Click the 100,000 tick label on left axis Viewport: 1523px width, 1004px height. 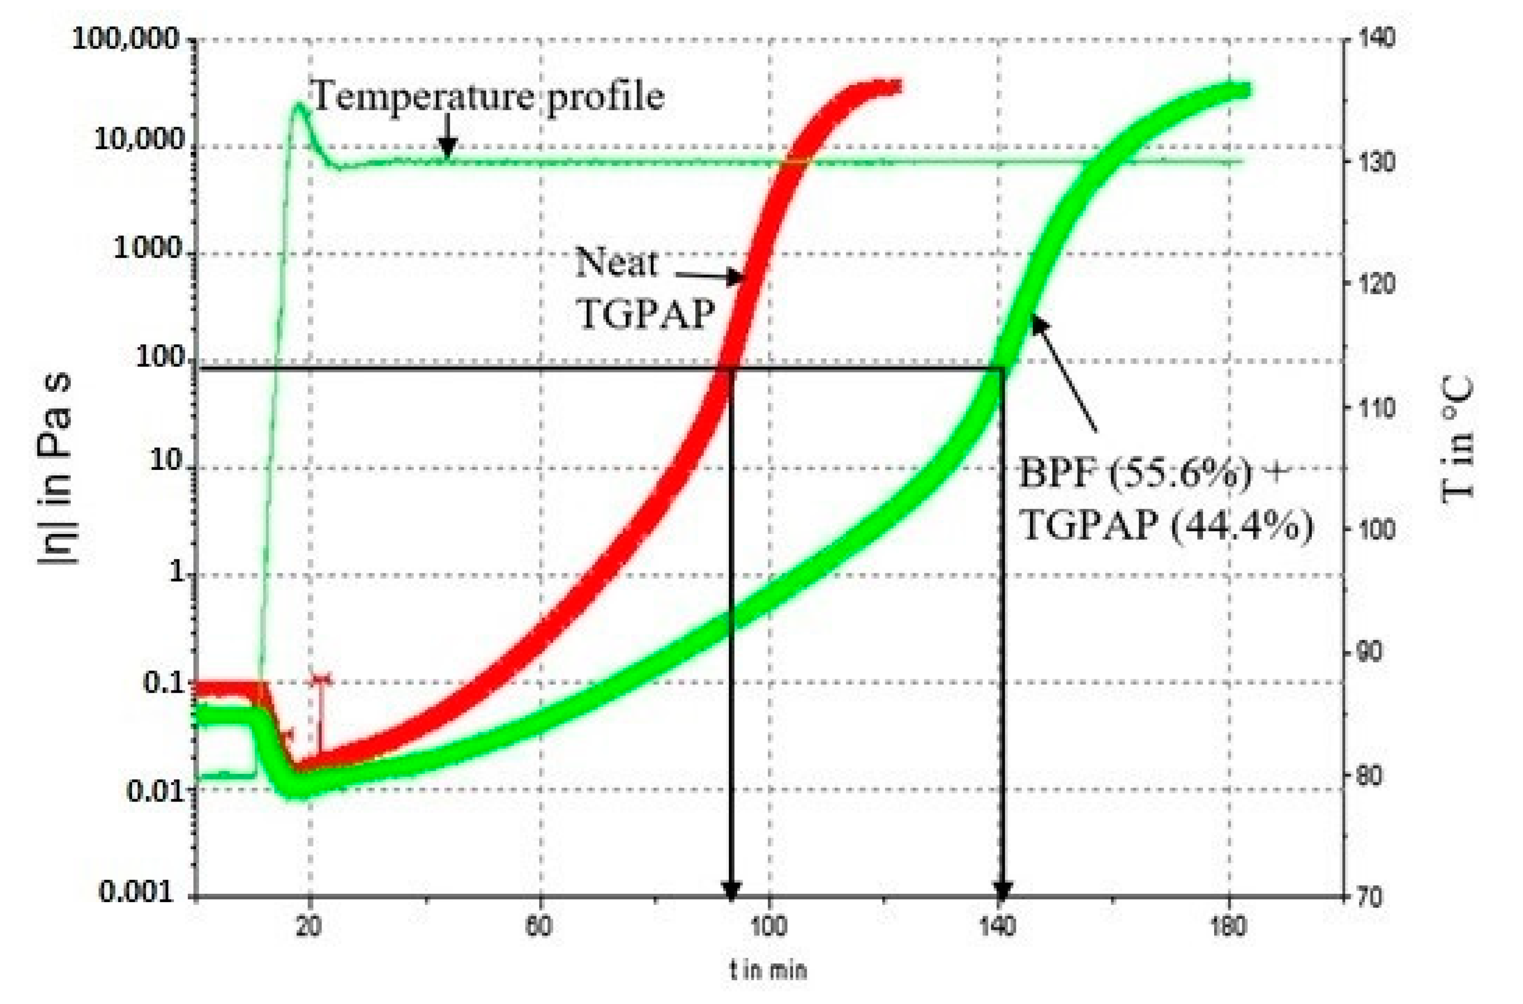pyautogui.click(x=126, y=40)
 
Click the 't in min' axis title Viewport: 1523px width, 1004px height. pyautogui.click(x=768, y=971)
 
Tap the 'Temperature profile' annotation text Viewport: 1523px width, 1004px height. pyautogui.click(x=487, y=97)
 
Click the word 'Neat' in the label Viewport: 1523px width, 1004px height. pyautogui.click(x=616, y=263)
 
